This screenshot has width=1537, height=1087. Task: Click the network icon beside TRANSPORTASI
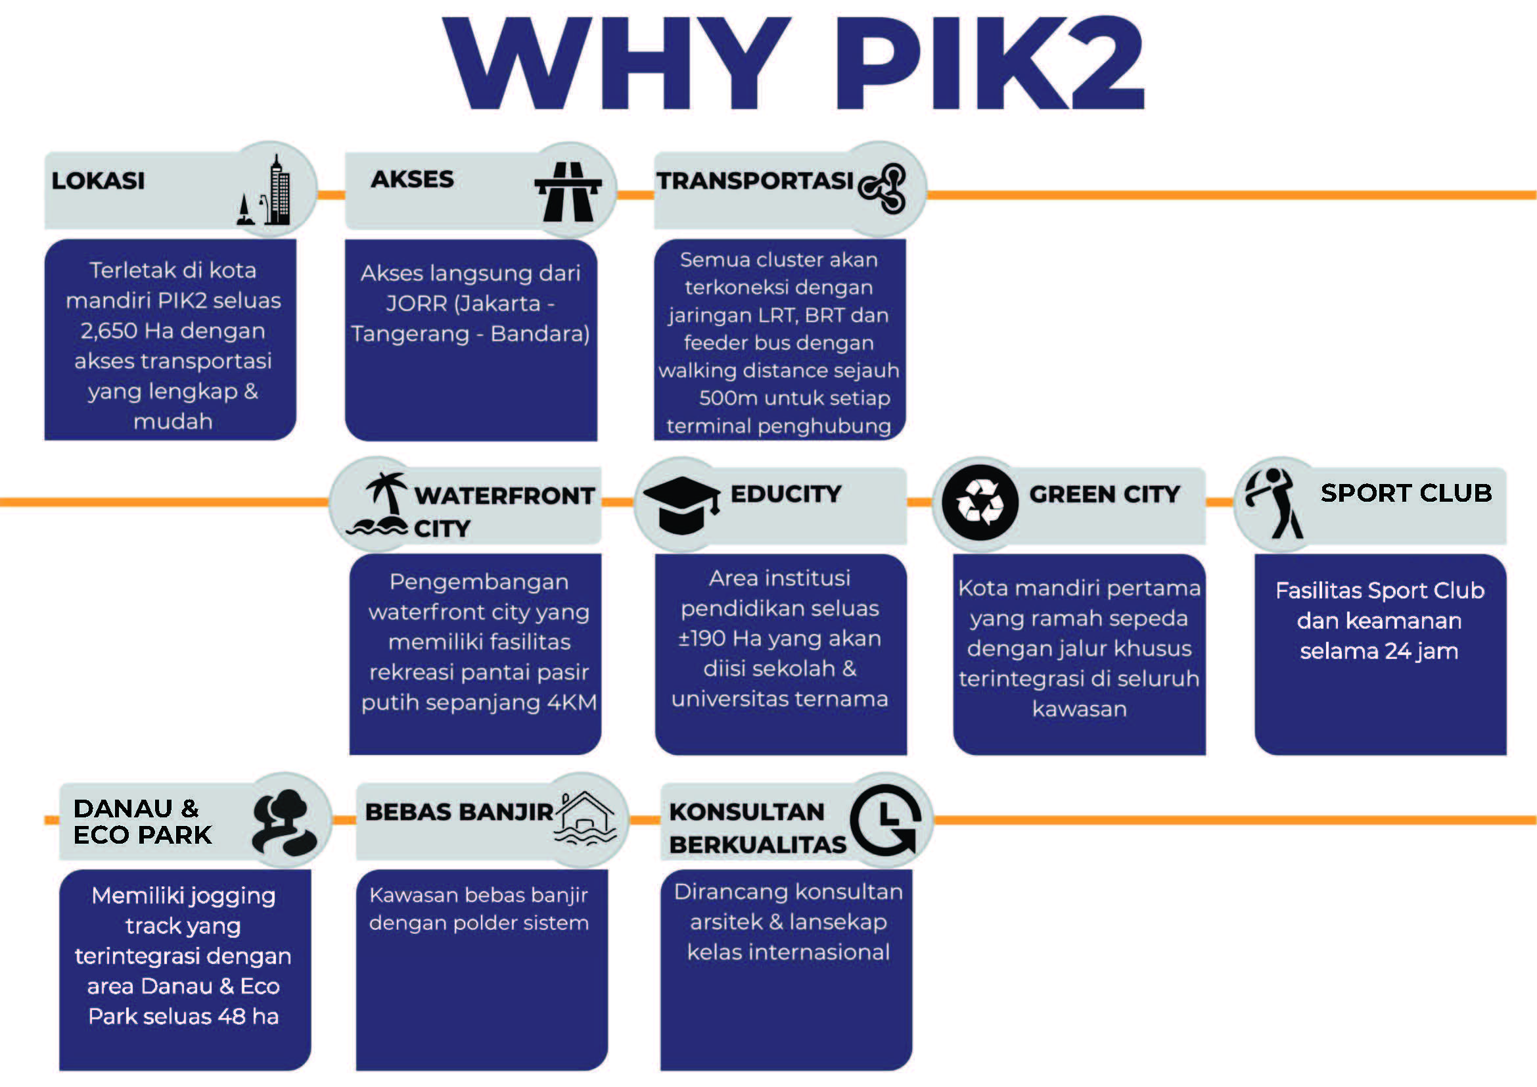click(883, 188)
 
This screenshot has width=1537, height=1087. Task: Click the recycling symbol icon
click(979, 503)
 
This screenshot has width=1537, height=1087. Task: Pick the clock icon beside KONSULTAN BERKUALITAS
click(886, 820)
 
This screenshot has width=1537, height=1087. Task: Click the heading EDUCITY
click(786, 495)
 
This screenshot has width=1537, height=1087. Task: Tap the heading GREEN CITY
click(1105, 495)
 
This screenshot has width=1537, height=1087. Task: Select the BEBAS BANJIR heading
click(459, 811)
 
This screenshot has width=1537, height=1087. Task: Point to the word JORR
click(416, 304)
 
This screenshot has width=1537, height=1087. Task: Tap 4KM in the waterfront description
click(571, 702)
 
